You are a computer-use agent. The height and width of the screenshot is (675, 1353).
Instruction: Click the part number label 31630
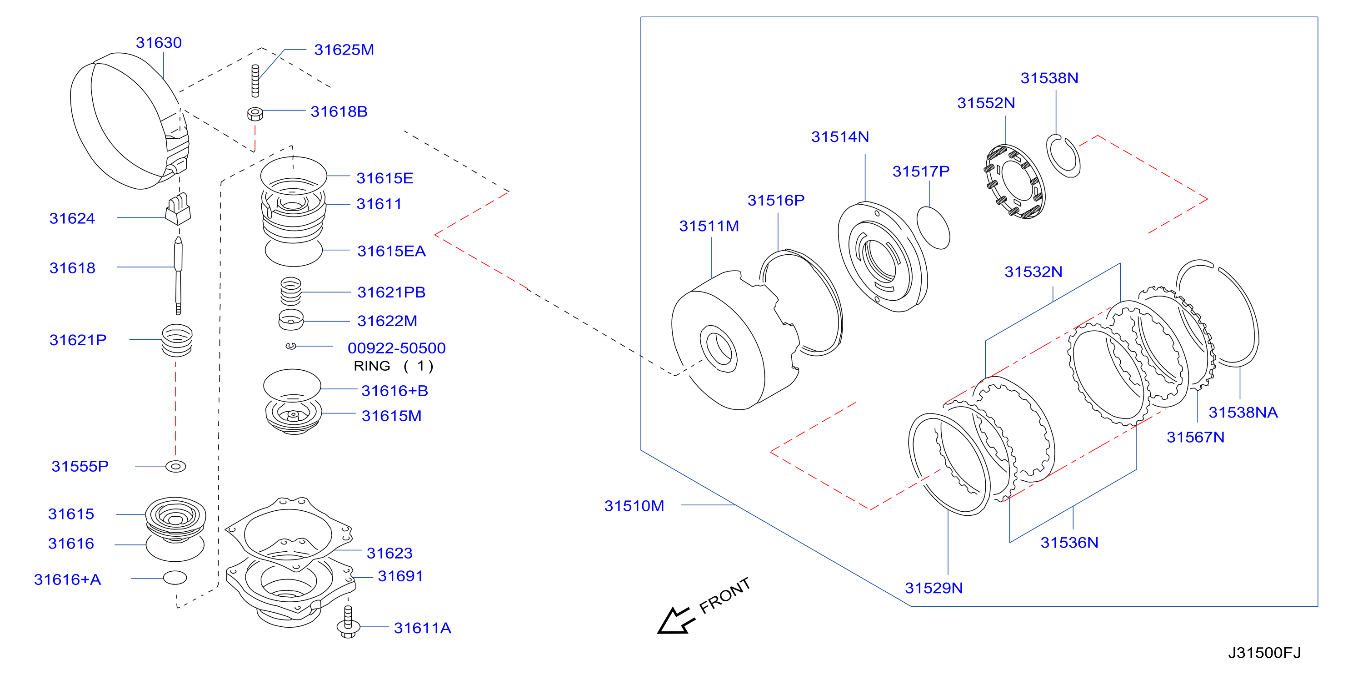pyautogui.click(x=159, y=43)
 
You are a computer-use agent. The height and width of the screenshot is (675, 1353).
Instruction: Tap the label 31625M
pyautogui.click(x=344, y=50)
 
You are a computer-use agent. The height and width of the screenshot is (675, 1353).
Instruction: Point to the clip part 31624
pyautogui.click(x=178, y=209)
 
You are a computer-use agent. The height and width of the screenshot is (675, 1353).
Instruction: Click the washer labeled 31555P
pyautogui.click(x=175, y=466)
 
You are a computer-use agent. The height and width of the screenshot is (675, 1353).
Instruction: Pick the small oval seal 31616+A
pyautogui.click(x=175, y=578)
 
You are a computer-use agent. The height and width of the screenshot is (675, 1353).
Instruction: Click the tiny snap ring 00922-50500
pyautogui.click(x=291, y=346)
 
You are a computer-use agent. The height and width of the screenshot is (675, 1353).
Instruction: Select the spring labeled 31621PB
pyautogui.click(x=291, y=291)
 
